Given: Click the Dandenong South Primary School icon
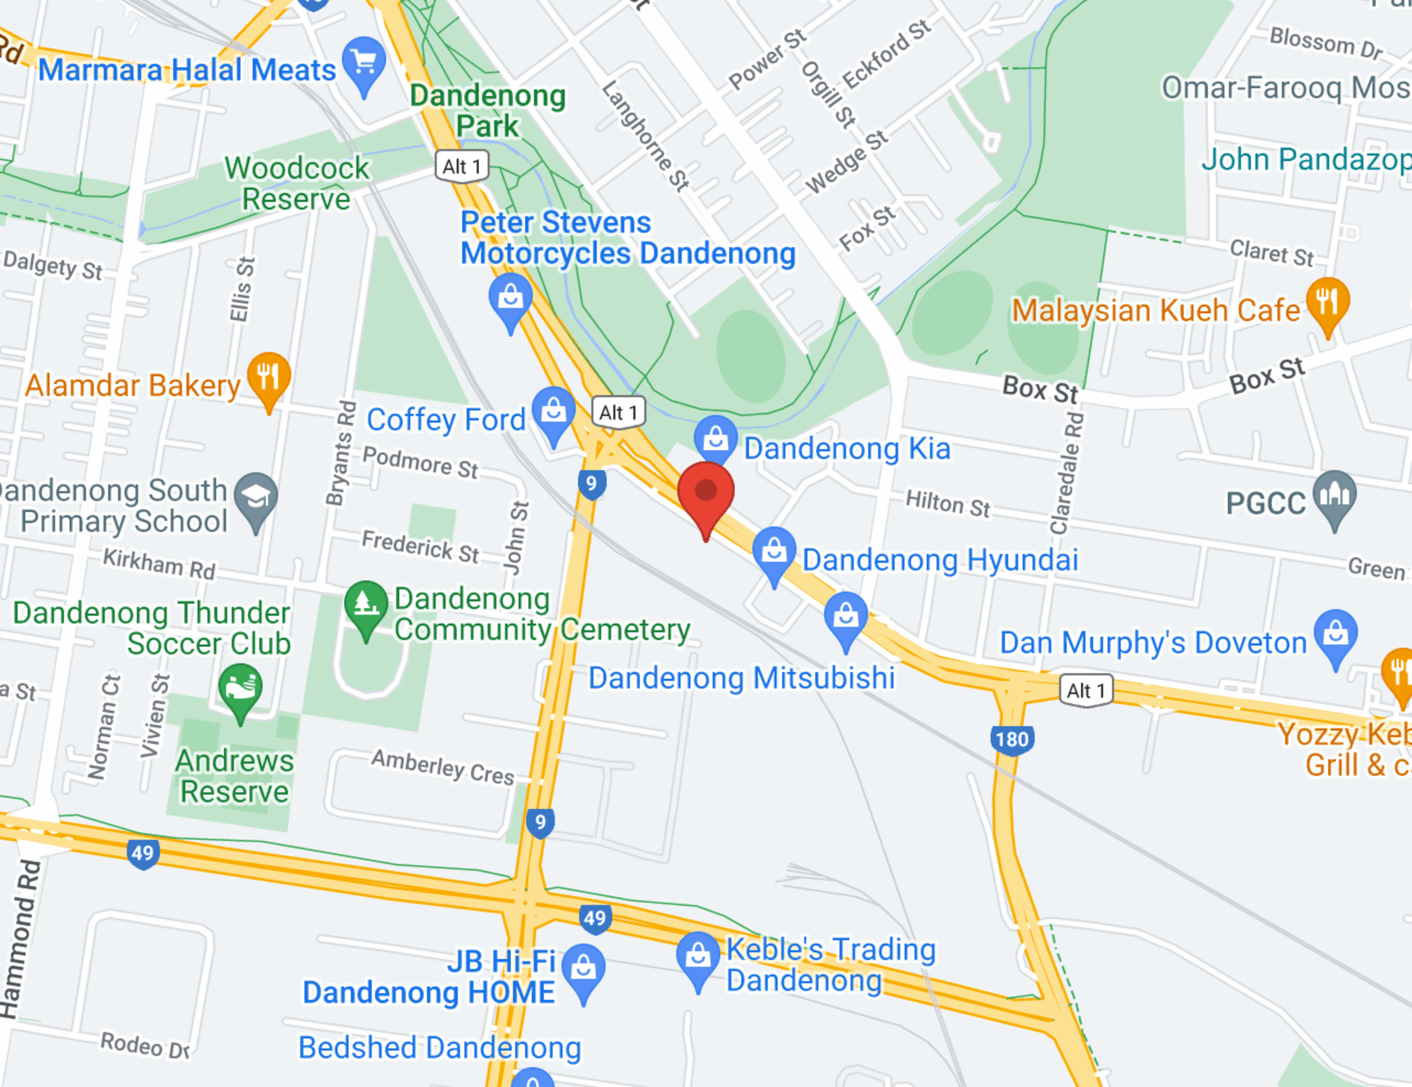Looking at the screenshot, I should coord(256,498).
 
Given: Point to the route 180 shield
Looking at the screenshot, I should coord(1012,739).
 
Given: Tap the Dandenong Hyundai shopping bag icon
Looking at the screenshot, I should coord(774,551).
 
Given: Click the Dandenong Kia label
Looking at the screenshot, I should coord(847,449).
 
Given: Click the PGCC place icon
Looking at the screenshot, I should coord(1335,495).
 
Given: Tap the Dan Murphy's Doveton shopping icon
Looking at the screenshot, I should coord(1336,634).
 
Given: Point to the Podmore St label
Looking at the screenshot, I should coord(420,462).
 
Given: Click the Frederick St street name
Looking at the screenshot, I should coord(420,546).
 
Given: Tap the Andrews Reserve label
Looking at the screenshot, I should coord(234,776).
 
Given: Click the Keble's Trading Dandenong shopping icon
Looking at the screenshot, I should coord(698,956).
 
